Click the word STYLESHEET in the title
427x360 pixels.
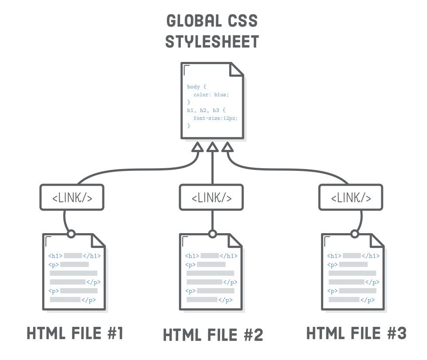(212, 41)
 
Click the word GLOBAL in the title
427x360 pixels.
(190, 20)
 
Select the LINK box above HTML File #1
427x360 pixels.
(72, 197)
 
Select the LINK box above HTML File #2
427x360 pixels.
(211, 197)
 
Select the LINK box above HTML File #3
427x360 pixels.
(351, 197)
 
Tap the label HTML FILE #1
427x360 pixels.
(75, 333)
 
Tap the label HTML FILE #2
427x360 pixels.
(213, 335)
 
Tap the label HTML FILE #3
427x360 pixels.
(356, 333)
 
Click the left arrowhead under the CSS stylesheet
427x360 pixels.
(197, 148)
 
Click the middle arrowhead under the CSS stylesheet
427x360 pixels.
(212, 148)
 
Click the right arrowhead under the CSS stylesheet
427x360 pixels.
(227, 148)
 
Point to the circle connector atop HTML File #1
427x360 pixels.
(71, 234)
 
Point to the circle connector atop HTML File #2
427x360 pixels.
(212, 234)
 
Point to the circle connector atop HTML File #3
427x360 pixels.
(355, 234)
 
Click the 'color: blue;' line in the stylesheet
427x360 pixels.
(211, 95)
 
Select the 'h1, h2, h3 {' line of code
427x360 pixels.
(206, 110)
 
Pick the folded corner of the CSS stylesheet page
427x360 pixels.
(237, 69)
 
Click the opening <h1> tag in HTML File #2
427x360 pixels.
(192, 256)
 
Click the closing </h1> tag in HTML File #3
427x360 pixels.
(371, 256)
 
